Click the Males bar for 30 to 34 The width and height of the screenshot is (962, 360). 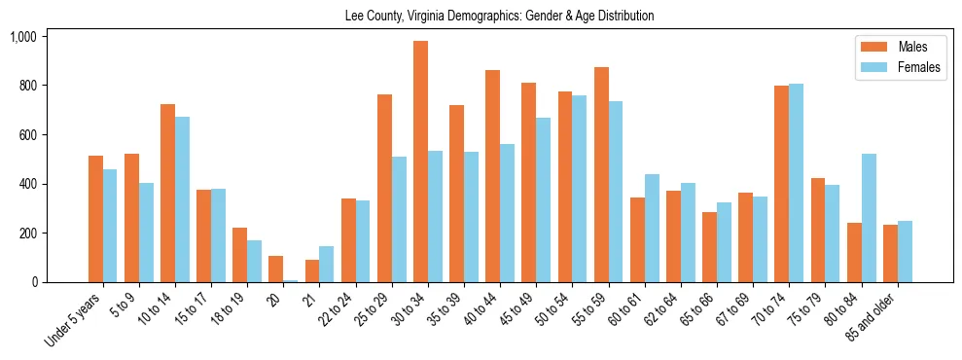[420, 162]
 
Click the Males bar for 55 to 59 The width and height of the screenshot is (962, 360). [601, 175]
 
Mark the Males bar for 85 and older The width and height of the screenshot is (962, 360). [890, 254]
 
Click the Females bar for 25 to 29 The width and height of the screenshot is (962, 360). [399, 220]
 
